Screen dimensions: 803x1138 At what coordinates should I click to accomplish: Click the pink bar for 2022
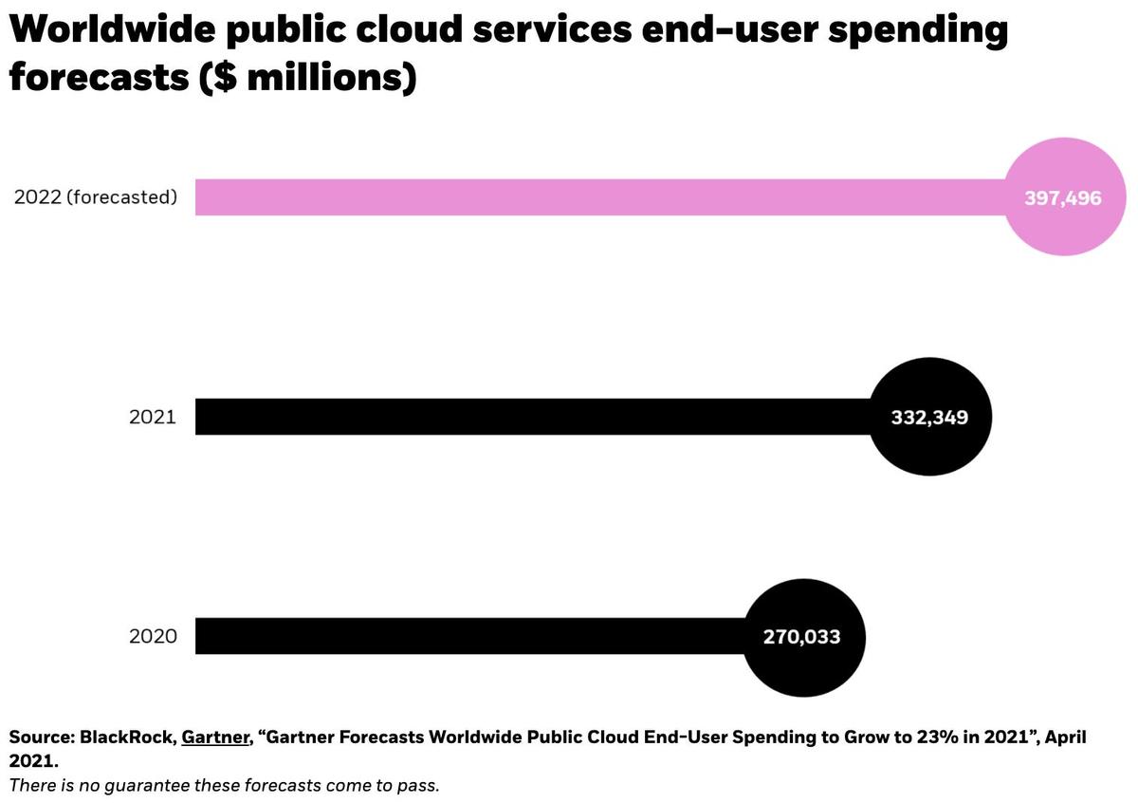pos(597,197)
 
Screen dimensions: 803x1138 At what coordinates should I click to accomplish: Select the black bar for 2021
pos(531,417)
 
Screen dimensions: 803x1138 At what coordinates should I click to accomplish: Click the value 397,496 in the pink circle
pos(1063,198)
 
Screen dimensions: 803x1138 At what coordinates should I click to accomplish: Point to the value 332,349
pos(929,417)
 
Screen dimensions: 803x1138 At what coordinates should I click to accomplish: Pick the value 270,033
pos(802,637)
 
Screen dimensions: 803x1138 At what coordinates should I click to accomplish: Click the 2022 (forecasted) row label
pos(96,197)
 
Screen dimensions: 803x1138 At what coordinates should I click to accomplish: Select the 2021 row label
pos(153,417)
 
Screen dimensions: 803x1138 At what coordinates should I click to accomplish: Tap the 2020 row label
pos(153,636)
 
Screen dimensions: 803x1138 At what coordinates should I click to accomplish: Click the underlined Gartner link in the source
pos(215,738)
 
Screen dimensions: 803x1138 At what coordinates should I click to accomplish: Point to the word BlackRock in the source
pos(126,738)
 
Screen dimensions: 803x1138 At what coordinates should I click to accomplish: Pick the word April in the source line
pos(1064,738)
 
